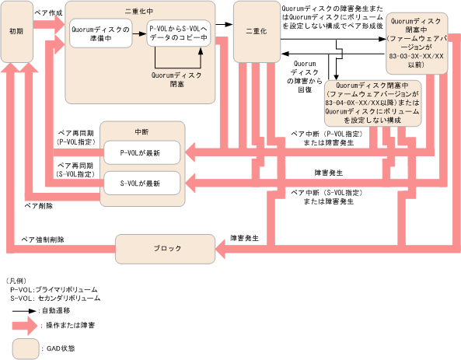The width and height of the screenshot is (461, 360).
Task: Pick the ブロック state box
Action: (x=164, y=248)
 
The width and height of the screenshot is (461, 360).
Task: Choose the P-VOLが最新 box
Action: (x=142, y=152)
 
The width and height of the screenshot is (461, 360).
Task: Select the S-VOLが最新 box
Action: (x=142, y=183)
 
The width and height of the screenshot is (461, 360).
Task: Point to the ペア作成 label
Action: (x=47, y=14)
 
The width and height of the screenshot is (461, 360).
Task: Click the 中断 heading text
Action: (x=141, y=131)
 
